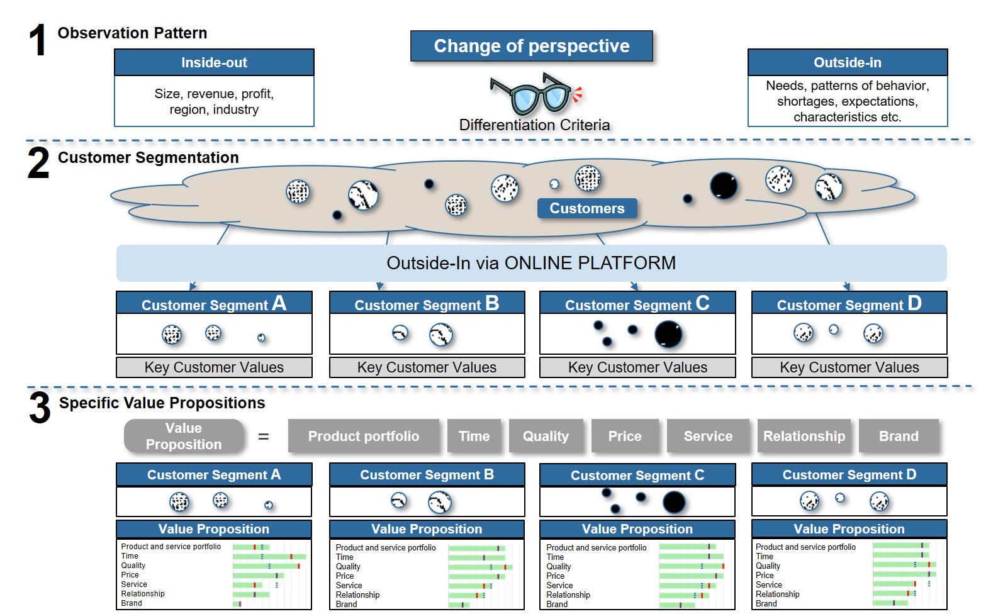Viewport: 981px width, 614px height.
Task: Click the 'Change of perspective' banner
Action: point(531,46)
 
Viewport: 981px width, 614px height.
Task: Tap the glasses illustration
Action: point(535,96)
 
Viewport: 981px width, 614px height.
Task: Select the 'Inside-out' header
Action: point(214,63)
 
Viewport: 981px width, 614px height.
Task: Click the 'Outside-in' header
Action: point(848,63)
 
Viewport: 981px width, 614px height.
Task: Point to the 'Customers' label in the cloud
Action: point(587,208)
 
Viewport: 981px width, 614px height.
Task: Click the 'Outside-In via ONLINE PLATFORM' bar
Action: point(531,263)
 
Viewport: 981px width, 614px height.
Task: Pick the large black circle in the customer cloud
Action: point(724,186)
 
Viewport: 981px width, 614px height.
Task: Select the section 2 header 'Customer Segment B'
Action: point(427,303)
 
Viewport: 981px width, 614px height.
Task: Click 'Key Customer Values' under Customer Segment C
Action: point(637,367)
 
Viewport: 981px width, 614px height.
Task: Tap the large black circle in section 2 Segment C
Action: point(668,335)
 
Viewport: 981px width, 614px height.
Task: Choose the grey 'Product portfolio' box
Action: point(364,436)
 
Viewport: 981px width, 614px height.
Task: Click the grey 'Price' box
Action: point(625,436)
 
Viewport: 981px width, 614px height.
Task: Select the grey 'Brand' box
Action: point(899,436)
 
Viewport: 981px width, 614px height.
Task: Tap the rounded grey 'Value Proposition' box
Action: point(184,436)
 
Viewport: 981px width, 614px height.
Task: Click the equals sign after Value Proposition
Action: point(263,437)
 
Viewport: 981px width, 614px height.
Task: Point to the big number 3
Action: point(40,408)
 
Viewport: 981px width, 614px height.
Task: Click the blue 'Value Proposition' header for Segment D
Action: point(849,529)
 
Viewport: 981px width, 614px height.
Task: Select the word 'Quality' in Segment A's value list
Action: point(133,566)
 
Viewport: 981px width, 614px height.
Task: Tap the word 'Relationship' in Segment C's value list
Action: point(568,594)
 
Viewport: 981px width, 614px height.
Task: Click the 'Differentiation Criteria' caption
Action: point(534,125)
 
